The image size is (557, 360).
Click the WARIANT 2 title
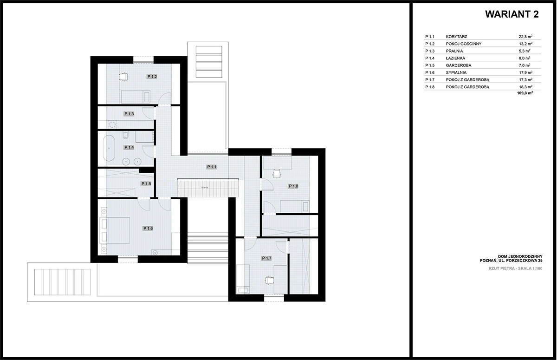(x=512, y=14)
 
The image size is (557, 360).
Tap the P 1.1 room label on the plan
(x=212, y=167)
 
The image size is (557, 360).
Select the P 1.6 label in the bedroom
(x=148, y=229)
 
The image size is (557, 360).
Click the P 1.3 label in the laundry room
(x=129, y=114)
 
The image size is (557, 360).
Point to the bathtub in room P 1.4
(x=109, y=148)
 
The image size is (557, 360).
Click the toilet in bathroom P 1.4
(x=126, y=135)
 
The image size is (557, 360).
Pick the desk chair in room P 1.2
(x=123, y=77)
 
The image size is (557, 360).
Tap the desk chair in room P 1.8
(x=277, y=174)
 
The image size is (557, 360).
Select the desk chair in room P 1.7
(x=269, y=281)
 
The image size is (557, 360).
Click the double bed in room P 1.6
(x=115, y=230)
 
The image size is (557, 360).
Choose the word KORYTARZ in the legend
(x=456, y=37)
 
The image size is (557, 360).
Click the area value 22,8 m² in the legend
(x=525, y=37)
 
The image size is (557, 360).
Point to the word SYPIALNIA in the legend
(x=456, y=72)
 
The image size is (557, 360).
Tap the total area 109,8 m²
(x=525, y=93)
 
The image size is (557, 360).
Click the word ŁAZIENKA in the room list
(x=455, y=58)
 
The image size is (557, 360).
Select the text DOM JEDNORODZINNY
(x=520, y=256)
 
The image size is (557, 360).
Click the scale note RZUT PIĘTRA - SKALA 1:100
(x=516, y=268)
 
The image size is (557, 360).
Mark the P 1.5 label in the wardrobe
(x=146, y=184)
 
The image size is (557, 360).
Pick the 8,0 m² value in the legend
(x=525, y=58)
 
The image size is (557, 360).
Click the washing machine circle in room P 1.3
(x=113, y=124)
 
